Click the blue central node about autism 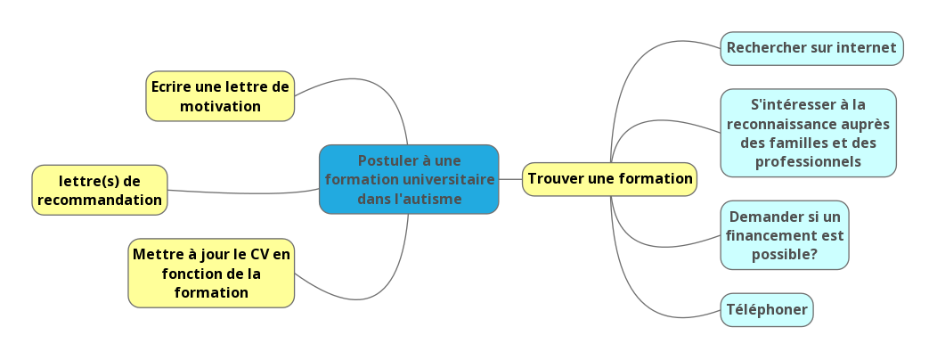(409, 179)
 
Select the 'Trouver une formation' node (609, 178)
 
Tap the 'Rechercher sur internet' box (811, 48)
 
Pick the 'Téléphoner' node (766, 310)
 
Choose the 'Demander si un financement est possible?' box (784, 235)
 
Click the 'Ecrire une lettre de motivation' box (220, 96)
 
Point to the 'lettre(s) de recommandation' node (100, 190)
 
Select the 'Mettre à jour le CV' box (211, 273)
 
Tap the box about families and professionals (808, 133)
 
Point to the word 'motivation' (220, 107)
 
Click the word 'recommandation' (100, 200)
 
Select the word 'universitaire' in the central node (449, 179)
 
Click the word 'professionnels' (808, 161)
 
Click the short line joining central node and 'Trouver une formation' (510, 179)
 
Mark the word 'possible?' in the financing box (784, 255)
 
